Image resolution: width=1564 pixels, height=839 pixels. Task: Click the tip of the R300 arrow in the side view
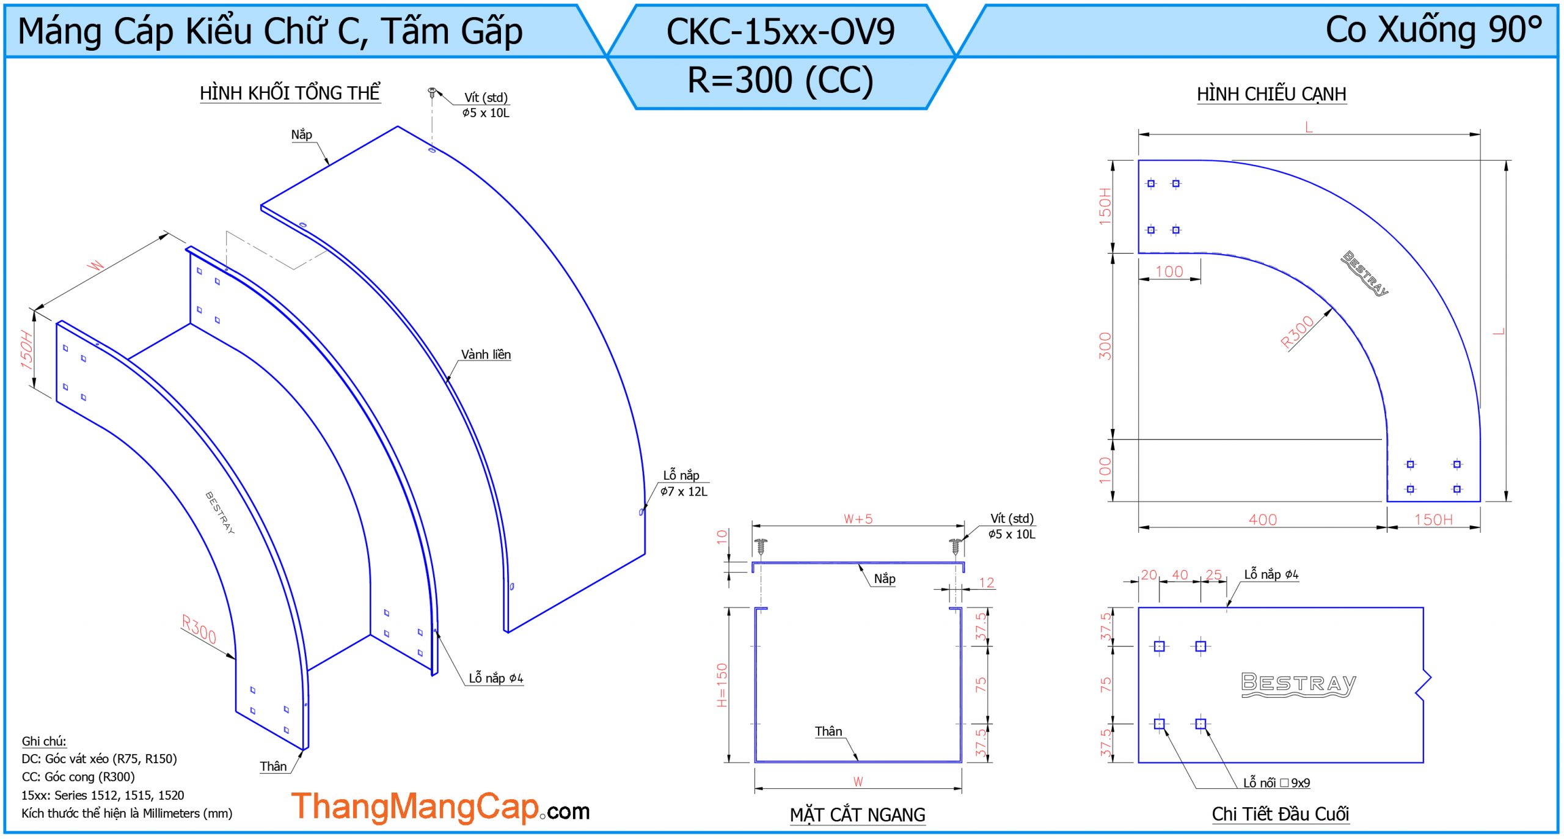1332,308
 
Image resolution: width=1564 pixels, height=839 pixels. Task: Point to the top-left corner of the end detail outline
1138,607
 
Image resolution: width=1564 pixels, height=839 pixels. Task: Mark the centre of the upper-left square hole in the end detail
1159,646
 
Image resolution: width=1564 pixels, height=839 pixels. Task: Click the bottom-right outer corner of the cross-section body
962,763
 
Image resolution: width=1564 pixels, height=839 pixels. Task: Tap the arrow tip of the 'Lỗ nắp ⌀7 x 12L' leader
641,511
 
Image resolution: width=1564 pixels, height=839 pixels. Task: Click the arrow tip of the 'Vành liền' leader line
447,383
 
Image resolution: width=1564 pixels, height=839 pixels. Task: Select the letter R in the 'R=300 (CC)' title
698,80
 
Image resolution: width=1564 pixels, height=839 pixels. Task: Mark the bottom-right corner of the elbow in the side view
1480,502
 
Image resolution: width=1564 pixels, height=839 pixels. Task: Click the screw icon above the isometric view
432,93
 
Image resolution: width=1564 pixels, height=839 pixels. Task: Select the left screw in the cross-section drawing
761,546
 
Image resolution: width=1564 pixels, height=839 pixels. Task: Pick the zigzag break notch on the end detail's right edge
1423,684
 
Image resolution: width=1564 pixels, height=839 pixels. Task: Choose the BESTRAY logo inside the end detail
1299,684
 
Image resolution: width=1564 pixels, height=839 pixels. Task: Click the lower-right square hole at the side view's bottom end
1457,489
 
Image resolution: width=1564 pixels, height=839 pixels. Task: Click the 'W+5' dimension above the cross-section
858,519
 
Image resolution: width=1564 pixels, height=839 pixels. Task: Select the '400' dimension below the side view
1263,519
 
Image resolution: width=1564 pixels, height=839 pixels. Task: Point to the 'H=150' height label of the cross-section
722,685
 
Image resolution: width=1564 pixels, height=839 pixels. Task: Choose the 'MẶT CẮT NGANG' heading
857,815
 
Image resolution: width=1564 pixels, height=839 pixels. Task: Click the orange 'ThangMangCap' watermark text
415,807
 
